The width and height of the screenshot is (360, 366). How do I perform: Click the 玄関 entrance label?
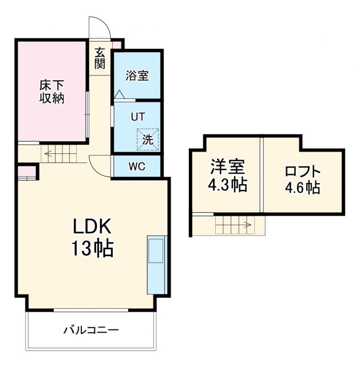click(x=100, y=58)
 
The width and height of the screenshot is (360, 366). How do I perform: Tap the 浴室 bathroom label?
click(x=137, y=75)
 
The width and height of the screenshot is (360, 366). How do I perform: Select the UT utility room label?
click(x=137, y=117)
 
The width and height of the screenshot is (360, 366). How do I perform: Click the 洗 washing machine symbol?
click(x=147, y=138)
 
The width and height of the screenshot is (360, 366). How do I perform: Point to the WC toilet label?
click(x=137, y=167)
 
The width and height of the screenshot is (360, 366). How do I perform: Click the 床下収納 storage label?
click(x=52, y=91)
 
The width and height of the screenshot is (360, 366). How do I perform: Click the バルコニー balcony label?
click(x=90, y=330)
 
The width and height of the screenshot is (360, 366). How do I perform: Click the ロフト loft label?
click(x=302, y=171)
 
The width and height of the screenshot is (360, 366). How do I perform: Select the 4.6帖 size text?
click(x=302, y=188)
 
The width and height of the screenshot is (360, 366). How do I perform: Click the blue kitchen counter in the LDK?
click(x=156, y=264)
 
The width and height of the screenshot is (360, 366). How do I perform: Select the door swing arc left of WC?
click(x=100, y=166)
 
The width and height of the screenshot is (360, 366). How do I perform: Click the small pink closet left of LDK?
click(x=26, y=171)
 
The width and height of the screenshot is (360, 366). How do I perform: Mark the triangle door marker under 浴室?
click(x=119, y=94)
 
